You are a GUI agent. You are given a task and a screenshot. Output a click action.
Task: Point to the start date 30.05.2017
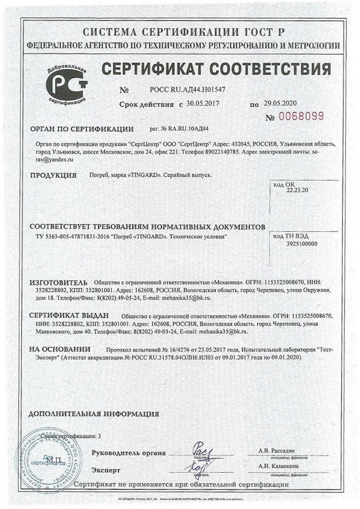click(x=207, y=104)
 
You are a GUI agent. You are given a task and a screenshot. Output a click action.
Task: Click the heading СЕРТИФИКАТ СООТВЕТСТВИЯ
click(x=216, y=69)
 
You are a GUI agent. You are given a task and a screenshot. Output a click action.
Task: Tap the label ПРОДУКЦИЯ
click(x=53, y=175)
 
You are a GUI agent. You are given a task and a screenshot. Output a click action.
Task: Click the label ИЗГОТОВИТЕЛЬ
click(x=59, y=282)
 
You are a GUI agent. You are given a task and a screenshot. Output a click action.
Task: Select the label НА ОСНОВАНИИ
click(x=60, y=349)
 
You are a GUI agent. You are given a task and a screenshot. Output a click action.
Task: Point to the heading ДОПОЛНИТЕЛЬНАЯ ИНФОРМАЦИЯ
click(x=94, y=414)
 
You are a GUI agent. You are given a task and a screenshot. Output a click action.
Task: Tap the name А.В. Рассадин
click(x=276, y=450)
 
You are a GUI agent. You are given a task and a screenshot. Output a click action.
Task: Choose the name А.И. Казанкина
click(x=278, y=466)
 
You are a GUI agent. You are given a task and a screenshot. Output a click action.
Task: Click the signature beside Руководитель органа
click(x=202, y=449)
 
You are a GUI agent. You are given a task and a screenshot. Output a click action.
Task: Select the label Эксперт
click(x=106, y=469)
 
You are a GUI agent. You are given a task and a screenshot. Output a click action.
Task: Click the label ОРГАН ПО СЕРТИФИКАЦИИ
click(x=82, y=129)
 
